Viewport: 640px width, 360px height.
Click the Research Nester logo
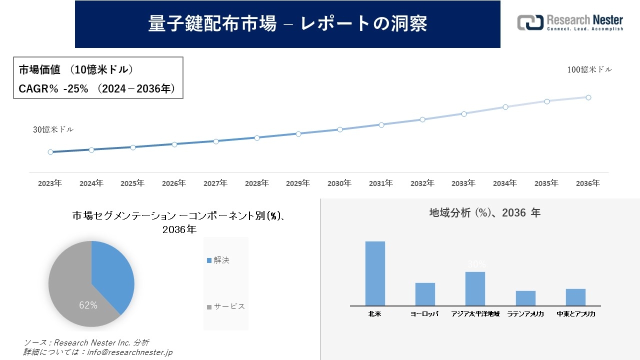(570, 23)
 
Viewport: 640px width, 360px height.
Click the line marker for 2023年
(50, 152)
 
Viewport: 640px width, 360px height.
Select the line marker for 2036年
(588, 97)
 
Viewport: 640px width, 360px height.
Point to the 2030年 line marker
(340, 129)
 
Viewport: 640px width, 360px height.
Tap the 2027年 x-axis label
(215, 183)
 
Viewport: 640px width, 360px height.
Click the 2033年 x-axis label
(463, 183)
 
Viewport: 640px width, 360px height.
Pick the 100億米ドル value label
(589, 70)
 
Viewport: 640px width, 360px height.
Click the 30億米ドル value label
(53, 129)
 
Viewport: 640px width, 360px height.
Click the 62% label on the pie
(88, 305)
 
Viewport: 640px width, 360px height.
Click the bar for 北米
(375, 273)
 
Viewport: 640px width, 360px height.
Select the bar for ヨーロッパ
(425, 294)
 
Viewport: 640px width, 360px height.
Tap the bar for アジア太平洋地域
(475, 288)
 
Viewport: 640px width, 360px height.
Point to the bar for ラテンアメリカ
(525, 298)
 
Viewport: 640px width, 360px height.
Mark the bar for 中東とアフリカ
(575, 297)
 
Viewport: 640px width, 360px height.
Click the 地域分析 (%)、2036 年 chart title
(484, 213)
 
